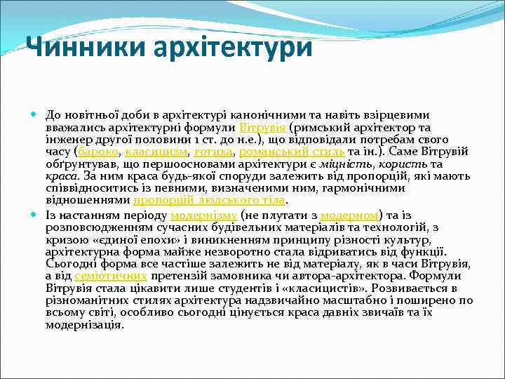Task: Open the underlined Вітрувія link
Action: [x=262, y=127]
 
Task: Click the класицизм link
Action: [x=156, y=151]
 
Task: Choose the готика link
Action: [x=213, y=151]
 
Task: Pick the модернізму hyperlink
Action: [x=203, y=215]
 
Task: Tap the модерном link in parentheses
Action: [x=350, y=215]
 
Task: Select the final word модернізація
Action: [x=84, y=325]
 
